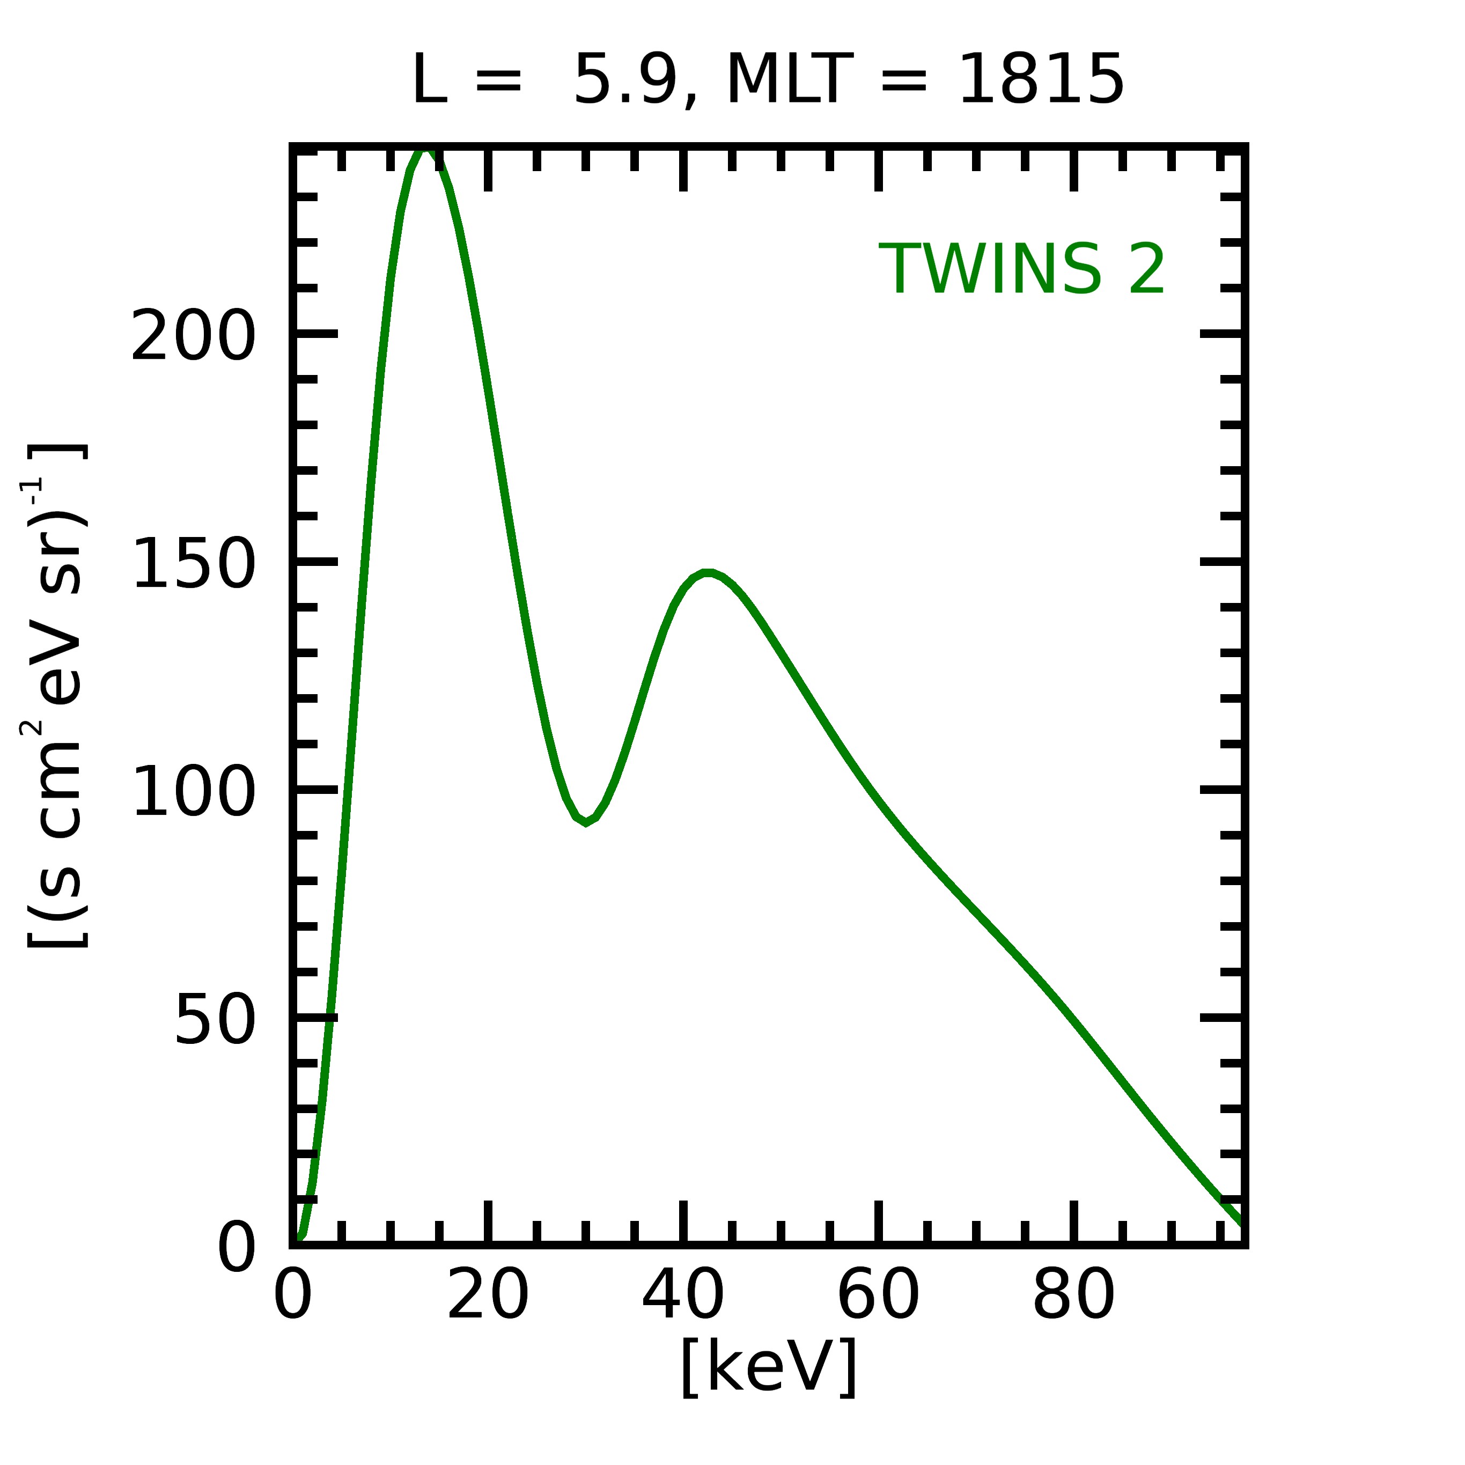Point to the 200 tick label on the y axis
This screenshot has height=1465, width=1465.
(193, 335)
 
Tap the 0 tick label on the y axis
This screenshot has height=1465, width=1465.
(237, 1247)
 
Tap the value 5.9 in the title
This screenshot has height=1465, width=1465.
(625, 79)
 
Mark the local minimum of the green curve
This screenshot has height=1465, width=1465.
(585, 821)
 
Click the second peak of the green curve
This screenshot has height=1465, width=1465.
(706, 573)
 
